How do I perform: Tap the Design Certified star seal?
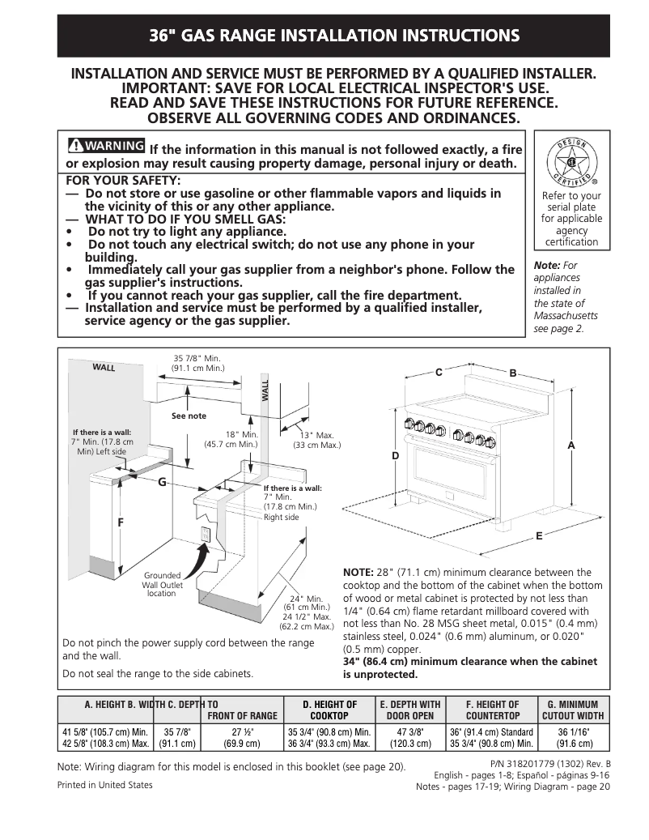(571, 160)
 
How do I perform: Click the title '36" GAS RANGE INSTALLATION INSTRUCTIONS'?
(333, 36)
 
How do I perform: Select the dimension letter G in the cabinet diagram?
(162, 482)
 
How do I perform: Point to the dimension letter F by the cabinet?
(121, 522)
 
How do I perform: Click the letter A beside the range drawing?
(571, 446)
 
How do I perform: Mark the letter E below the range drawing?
(539, 536)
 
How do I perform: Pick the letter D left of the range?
(396, 457)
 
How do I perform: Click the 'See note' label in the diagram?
(189, 416)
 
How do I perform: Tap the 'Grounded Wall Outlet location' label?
(162, 585)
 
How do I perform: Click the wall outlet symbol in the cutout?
(206, 535)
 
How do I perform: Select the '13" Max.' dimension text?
(316, 440)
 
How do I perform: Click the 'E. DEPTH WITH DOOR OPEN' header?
(410, 710)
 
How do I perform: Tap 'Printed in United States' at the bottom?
(104, 785)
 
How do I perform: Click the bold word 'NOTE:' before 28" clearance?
(358, 572)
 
